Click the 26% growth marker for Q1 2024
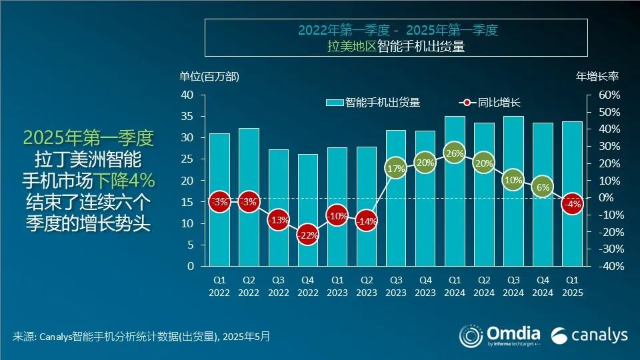(454, 153)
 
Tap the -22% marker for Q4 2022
(307, 235)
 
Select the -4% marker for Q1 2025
(571, 204)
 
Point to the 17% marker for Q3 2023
(395, 169)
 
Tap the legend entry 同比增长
(490, 103)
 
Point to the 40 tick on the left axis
(187, 95)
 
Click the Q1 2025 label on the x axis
(571, 286)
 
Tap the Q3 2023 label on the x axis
(395, 286)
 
